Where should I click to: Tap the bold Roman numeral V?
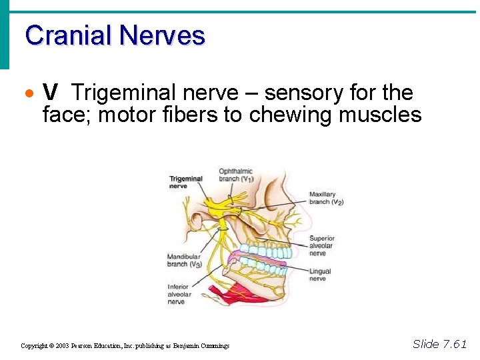49,93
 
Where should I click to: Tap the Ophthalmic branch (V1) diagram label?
237,175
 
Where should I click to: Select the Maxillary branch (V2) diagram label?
326,198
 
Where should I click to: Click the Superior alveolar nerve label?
322,245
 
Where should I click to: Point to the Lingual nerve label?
320,275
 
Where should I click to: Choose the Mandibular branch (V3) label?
185,260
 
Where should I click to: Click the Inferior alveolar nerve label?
180,294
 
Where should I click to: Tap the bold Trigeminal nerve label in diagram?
185,182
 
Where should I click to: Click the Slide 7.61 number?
439,344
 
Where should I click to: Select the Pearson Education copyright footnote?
125,345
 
